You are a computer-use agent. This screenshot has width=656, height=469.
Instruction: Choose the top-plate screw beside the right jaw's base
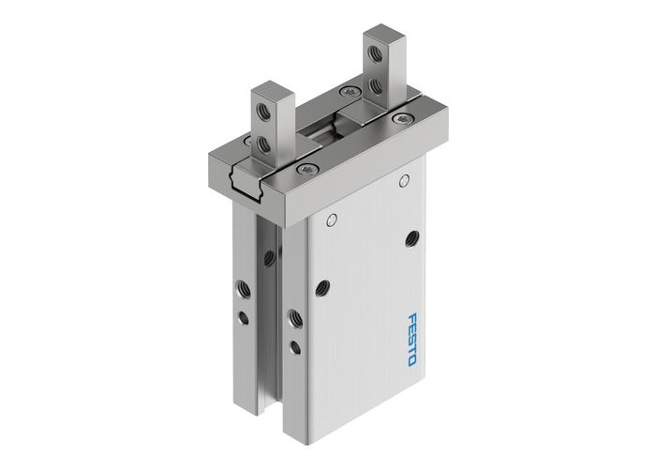pyautogui.click(x=350, y=92)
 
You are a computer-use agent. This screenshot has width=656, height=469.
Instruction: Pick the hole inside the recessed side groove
pyautogui.click(x=269, y=256)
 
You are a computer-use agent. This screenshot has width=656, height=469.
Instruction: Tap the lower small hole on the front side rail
pyautogui.click(x=296, y=347)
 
